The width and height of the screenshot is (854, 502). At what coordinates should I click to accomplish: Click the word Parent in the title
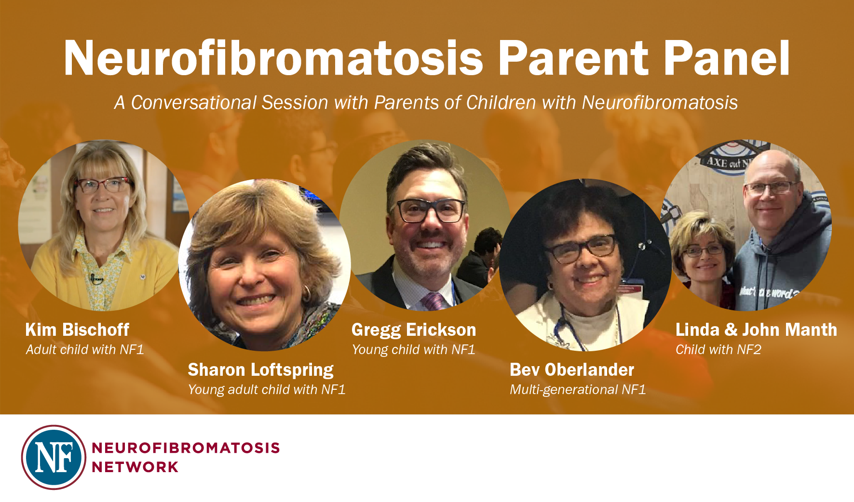[x=573, y=58]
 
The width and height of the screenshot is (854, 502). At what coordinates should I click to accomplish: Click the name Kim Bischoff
[x=77, y=330]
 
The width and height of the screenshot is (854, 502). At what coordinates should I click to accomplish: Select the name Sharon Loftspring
[x=260, y=370]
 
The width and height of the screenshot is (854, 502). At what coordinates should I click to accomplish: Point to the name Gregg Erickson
[x=414, y=330]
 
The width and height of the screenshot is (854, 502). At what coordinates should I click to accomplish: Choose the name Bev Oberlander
[x=572, y=370]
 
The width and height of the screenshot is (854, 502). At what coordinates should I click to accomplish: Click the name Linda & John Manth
[x=756, y=330]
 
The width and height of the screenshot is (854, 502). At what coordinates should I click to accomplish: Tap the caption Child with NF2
[x=718, y=349]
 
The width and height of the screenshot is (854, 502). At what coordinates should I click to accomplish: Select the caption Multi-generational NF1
[x=578, y=390]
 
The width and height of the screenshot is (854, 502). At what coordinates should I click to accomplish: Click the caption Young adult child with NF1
[x=267, y=390]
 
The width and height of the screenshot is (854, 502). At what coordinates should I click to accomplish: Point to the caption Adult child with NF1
[x=85, y=349]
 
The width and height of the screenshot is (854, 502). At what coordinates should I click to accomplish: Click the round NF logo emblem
[x=54, y=457]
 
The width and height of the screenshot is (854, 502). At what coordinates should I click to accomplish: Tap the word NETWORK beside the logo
[x=135, y=467]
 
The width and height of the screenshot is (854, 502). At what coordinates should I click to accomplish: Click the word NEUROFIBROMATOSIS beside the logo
[x=186, y=448]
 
